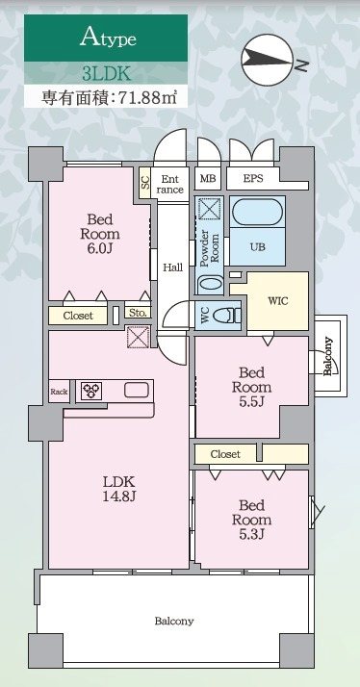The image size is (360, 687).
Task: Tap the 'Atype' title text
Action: click(107, 38)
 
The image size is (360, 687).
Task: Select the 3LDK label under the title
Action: click(106, 72)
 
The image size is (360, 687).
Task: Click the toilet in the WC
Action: click(229, 315)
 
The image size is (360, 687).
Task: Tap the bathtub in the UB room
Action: click(258, 212)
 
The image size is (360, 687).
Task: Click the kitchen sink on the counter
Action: click(136, 390)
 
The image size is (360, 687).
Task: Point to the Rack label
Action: click(60, 392)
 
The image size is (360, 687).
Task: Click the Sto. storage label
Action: click(137, 313)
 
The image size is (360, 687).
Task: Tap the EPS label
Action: click(253, 178)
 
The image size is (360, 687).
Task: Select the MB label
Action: click(208, 178)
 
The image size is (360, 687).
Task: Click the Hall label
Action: click(173, 267)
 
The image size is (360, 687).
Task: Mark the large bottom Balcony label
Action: click(174, 621)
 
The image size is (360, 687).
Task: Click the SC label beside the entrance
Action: click(145, 183)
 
